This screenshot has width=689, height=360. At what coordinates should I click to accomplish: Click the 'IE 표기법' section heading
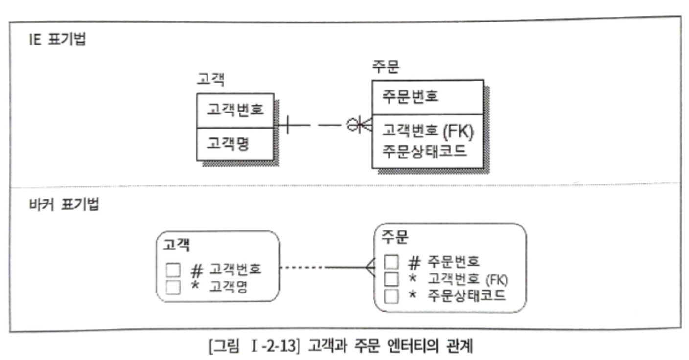pyautogui.click(x=57, y=39)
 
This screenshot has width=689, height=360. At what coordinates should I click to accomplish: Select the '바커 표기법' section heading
pyautogui.click(x=64, y=204)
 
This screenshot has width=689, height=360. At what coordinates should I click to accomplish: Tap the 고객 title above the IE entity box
pyautogui.click(x=210, y=79)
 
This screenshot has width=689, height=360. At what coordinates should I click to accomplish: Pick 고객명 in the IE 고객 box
pyautogui.click(x=228, y=144)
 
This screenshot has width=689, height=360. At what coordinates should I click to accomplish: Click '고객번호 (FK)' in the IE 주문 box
pyautogui.click(x=428, y=131)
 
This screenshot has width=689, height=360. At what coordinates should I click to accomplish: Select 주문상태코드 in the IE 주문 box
pyautogui.click(x=424, y=150)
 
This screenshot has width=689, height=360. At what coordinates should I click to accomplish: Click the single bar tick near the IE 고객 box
pyautogui.click(x=287, y=125)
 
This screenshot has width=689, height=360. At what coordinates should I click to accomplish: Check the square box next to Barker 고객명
pyautogui.click(x=173, y=287)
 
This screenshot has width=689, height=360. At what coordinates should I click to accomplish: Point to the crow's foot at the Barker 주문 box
pyautogui.click(x=369, y=267)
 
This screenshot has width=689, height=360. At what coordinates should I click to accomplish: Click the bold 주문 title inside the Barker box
pyautogui.click(x=394, y=237)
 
